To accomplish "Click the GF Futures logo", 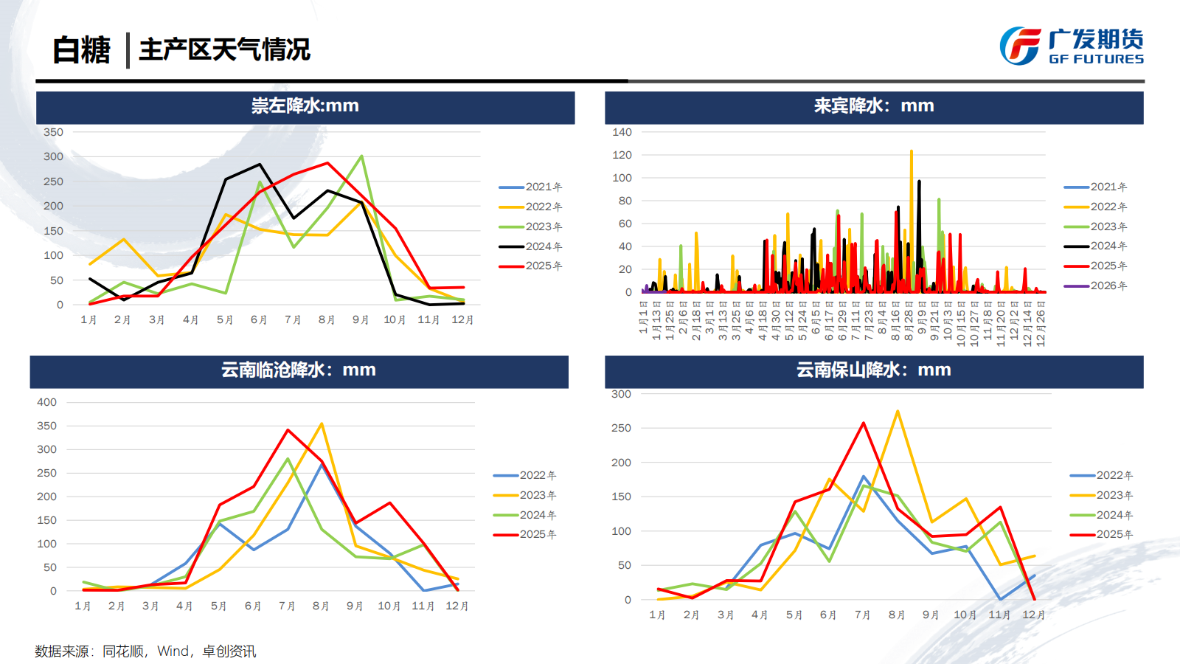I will coord(1071,46).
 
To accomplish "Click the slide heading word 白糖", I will coord(81,50).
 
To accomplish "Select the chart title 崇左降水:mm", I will coord(305,106).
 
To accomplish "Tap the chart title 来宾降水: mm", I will coord(873,106).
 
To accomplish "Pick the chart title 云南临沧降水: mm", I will coord(299,370).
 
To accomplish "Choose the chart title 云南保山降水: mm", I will coord(873,370).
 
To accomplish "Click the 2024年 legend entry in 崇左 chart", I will coord(531,246).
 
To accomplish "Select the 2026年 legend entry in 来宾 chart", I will coord(1097,286).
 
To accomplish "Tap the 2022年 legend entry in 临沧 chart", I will coord(525,475).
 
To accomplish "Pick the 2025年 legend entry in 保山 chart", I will coord(1102,534).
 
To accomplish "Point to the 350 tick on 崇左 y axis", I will coord(53,132).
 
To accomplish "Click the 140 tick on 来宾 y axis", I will coord(622,132).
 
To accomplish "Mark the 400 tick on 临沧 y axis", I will coord(46,402).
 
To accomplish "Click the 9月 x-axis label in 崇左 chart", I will coord(360,319).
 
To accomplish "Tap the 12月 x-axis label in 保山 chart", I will coord(1033,615).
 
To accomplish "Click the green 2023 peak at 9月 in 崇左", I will coord(361,156).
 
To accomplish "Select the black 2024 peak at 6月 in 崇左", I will coord(260,165).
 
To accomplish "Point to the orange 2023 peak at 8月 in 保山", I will coord(898,411).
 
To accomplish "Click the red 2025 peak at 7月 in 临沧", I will coord(288,430).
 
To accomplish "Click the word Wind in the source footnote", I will coord(173,651).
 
